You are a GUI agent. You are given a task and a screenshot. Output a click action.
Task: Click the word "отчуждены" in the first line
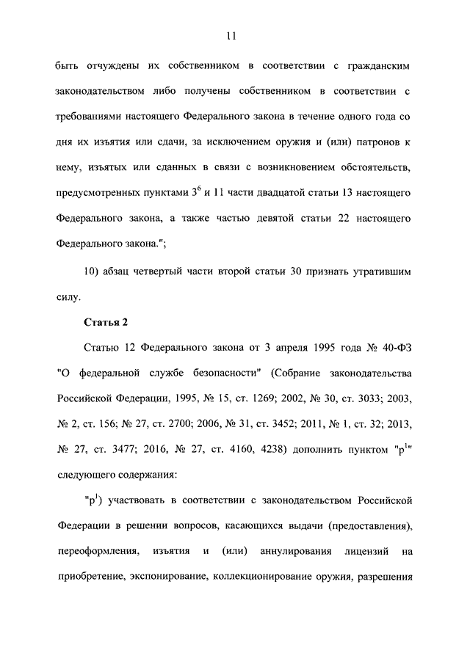point(112,67)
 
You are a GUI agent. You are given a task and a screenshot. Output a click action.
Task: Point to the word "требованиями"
point(90,115)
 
